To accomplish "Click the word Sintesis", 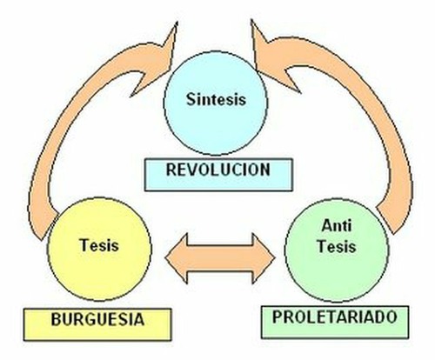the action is (x=216, y=99).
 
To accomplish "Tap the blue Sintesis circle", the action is (x=216, y=103).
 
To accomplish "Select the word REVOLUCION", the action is (x=218, y=170).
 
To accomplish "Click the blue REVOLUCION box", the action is (x=218, y=175).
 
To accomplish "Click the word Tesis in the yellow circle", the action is (x=99, y=245).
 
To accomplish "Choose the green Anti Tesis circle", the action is (x=337, y=250).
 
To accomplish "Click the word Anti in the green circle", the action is (x=337, y=225).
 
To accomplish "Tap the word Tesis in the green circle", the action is (x=337, y=246).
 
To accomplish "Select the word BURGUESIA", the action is (x=97, y=319).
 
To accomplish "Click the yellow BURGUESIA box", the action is (x=97, y=324).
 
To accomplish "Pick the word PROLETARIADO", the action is (x=335, y=317).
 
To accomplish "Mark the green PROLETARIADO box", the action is (x=335, y=322).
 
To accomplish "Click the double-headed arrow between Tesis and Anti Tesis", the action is (x=220, y=258).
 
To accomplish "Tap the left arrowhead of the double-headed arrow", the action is (x=177, y=258).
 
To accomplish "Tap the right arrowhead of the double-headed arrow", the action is (x=264, y=258).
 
